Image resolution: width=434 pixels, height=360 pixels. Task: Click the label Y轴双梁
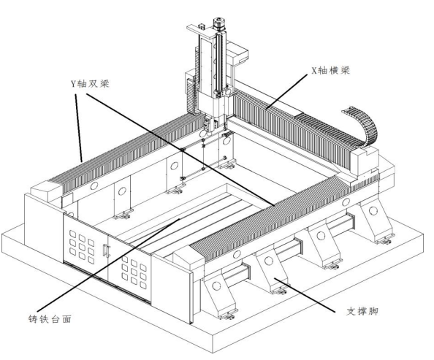[x=90, y=83]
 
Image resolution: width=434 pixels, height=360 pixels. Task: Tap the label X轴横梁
[x=331, y=70]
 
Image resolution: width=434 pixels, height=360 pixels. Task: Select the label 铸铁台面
[x=50, y=319]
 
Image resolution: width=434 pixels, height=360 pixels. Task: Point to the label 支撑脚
[x=362, y=311]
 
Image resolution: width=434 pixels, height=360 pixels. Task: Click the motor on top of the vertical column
[x=218, y=24]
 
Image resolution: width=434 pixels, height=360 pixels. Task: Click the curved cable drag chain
[x=363, y=126]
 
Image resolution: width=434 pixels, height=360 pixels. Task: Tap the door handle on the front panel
[x=105, y=250]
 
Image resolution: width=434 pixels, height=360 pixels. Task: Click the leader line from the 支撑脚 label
[x=305, y=295]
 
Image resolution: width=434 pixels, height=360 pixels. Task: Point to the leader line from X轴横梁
[x=286, y=91]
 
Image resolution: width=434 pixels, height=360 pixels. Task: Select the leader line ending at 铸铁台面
[x=108, y=264]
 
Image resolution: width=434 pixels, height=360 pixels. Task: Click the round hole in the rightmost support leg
[x=373, y=210]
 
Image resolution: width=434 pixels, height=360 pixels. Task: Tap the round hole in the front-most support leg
[x=216, y=286]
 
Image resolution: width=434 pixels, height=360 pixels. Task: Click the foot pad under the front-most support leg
[x=227, y=315]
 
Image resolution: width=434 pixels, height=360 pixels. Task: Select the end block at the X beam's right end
[x=365, y=162]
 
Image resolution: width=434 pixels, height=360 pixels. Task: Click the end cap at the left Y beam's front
[x=46, y=190]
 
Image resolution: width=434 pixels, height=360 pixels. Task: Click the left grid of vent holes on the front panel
[x=82, y=247]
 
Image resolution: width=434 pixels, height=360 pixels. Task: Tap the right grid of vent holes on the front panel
[x=134, y=272]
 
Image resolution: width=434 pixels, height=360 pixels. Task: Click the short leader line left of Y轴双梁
[x=79, y=128]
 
